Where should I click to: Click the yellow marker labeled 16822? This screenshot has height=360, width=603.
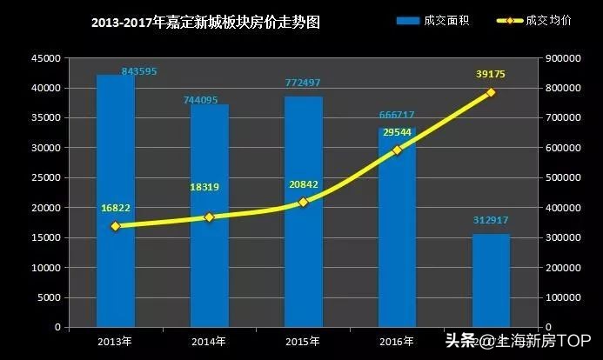tap(115, 226)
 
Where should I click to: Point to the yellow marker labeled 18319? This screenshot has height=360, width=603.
tap(209, 217)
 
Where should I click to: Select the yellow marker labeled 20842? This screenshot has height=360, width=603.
tap(304, 202)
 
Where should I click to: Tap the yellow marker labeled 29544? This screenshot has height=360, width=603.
tap(397, 150)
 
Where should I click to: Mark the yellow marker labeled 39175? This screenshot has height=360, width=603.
tap(491, 92)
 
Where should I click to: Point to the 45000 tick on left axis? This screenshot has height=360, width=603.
tap(48, 58)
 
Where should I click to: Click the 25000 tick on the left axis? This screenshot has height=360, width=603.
tap(48, 177)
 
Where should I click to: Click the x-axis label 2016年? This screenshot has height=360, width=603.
tap(397, 340)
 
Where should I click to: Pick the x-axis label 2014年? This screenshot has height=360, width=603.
tap(209, 340)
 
